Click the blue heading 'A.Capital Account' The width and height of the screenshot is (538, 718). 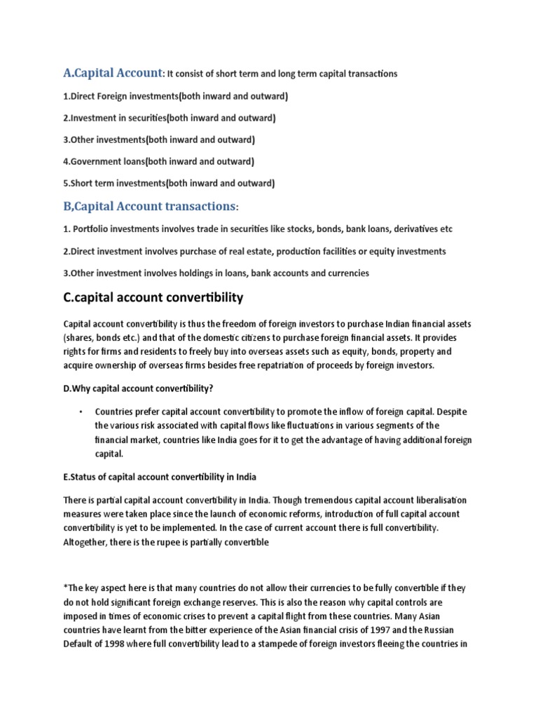point(112,72)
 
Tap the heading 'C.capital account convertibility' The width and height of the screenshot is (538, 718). point(153,297)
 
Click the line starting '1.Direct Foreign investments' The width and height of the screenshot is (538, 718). point(175,95)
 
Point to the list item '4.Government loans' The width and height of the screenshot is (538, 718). point(158,161)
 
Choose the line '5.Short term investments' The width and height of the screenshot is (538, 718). point(169,183)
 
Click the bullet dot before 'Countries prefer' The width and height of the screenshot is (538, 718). point(81,412)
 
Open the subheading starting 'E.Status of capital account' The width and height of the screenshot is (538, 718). point(160,477)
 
